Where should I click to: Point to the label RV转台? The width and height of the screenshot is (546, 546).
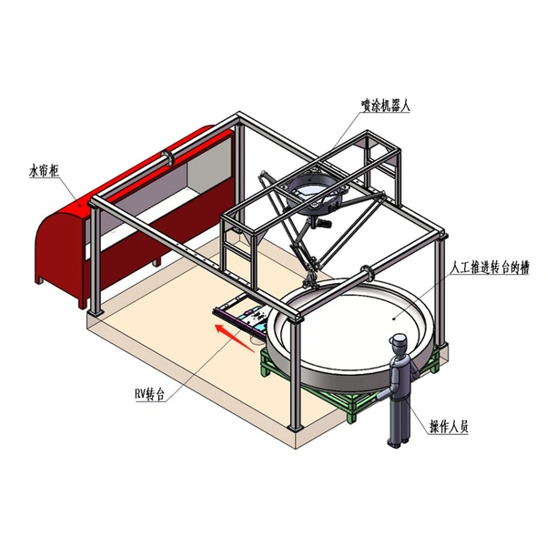148,395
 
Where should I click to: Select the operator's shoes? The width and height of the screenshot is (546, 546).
396,442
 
